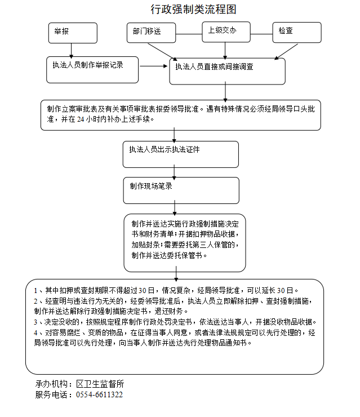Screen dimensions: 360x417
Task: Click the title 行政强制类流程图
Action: click(x=193, y=10)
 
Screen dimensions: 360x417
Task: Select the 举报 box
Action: click(x=73, y=33)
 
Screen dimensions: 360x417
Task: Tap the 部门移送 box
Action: click(x=152, y=33)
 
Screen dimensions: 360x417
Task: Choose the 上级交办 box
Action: click(x=226, y=32)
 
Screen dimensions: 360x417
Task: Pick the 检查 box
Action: click(x=297, y=33)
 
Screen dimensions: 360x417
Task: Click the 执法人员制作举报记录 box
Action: click(x=92, y=70)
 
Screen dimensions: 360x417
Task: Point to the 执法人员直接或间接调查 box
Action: click(x=228, y=71)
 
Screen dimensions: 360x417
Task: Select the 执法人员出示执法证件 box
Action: click(x=180, y=154)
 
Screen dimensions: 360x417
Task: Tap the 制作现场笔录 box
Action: click(x=181, y=190)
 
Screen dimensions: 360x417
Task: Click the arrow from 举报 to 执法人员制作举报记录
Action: click(x=71, y=51)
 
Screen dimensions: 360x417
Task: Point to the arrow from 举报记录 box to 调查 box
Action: click(x=153, y=66)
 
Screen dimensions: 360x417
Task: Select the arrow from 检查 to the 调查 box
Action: click(x=286, y=52)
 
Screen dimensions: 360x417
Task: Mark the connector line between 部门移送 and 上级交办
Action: click(x=189, y=34)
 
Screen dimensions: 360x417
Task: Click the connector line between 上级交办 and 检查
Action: click(x=261, y=34)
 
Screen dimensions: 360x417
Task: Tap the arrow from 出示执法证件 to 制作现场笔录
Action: click(x=174, y=172)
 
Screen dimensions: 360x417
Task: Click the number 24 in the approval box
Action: click(x=81, y=119)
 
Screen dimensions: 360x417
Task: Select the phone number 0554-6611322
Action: click(x=99, y=394)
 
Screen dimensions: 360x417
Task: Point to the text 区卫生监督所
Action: click(x=100, y=384)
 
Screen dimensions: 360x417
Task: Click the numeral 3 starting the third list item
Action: click(x=35, y=322)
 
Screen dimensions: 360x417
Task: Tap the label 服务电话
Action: click(x=51, y=394)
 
